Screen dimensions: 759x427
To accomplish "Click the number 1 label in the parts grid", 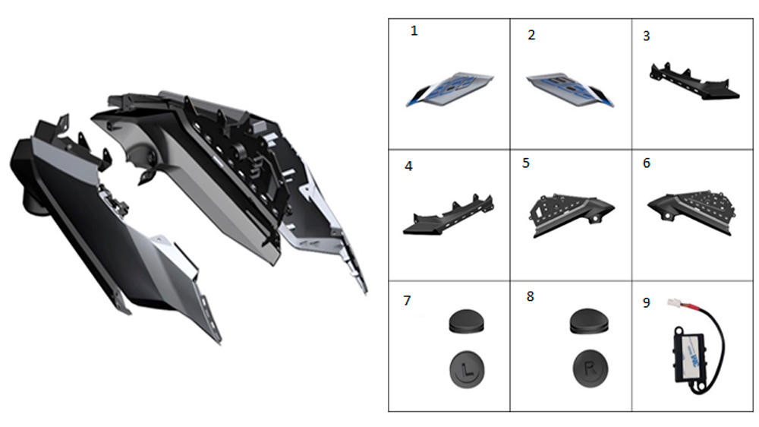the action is point(414,31).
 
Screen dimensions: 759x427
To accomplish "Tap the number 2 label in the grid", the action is point(531,36).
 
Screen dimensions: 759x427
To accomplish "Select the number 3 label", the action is point(646,36).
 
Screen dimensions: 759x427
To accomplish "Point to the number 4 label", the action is point(408,166).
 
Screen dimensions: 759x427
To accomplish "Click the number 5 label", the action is point(526,163).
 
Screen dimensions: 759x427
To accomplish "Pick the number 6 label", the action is point(647,163).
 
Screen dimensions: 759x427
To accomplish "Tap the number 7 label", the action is point(407,301).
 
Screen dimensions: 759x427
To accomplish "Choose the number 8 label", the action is point(531,296).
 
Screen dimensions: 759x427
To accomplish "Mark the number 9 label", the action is point(647,303).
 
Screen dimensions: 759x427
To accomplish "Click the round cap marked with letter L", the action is point(467,370).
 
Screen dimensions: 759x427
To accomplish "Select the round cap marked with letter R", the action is point(591,369).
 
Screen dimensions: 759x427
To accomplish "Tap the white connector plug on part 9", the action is point(674,303).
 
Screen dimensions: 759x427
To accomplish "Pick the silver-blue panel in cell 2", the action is point(570,89).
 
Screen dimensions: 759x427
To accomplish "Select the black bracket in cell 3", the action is point(693,82).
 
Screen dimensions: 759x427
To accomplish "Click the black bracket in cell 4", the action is point(449,217).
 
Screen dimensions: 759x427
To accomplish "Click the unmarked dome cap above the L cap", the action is point(467,322).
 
